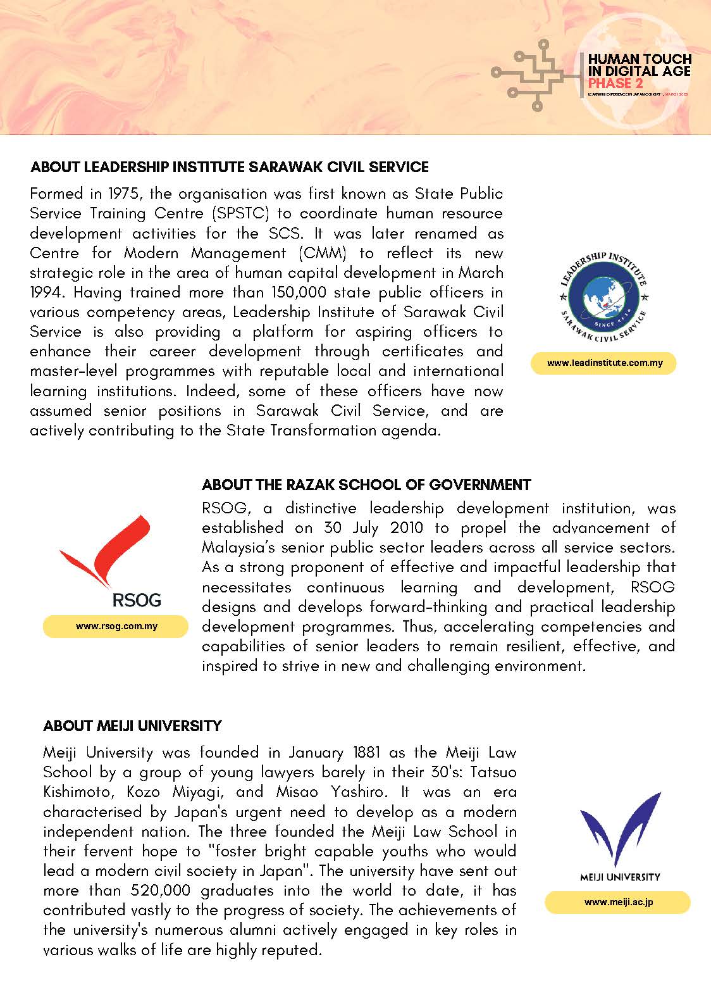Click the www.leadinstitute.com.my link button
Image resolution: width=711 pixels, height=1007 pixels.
point(603,363)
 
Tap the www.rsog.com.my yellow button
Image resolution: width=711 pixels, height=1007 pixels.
point(116,627)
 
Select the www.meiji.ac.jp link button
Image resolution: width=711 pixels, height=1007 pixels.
point(617,902)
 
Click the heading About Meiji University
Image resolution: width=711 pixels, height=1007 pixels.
point(132,725)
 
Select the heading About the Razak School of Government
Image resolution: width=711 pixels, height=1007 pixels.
point(366,485)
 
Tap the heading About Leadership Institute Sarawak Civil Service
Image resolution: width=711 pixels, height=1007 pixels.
point(230,167)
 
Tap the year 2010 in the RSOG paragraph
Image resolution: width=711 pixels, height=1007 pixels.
point(407,528)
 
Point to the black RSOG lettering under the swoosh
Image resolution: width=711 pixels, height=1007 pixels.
point(136,599)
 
